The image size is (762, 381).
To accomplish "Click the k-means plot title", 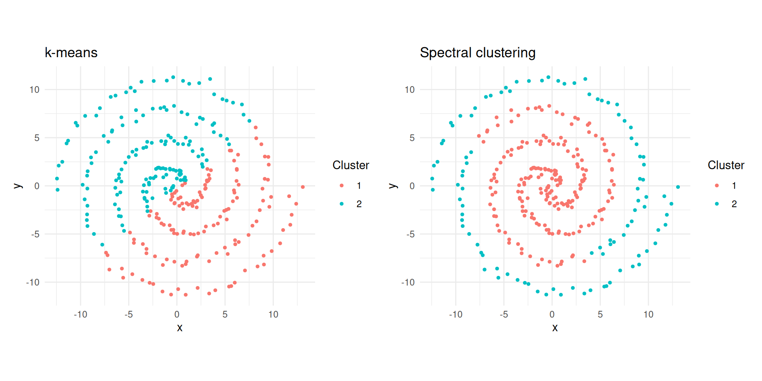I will coord(71,52).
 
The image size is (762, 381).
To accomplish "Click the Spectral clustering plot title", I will coord(477,52).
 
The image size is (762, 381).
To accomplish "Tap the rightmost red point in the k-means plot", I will coord(303,187).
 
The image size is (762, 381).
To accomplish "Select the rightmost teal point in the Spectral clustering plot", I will coord(678,187).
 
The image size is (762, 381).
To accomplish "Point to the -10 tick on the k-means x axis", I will coord(81,315).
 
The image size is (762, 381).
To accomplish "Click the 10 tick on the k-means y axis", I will coord(35,90).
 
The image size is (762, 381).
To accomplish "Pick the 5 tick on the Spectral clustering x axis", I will coord(600,315).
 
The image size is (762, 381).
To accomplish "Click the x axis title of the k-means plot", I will coord(180,328).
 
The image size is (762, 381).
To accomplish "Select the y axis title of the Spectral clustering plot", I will coord(393,186).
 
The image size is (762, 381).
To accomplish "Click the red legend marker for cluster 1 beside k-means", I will coord(342,186).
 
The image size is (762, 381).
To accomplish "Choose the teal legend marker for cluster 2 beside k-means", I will coord(342,204).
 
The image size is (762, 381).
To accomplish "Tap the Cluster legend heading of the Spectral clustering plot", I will coord(726,165).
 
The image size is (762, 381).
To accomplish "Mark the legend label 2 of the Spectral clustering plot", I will coord(734,204).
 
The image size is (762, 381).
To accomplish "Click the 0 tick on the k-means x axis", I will coord(177,315).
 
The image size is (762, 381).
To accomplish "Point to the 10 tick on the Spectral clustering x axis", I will coord(648,315).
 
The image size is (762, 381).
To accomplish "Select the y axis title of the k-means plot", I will coord(18,186).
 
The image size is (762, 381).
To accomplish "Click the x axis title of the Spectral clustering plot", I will coord(555,328).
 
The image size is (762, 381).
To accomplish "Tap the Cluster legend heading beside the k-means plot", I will coord(351,165).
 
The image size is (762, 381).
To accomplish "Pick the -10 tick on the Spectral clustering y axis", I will coord(408,283).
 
